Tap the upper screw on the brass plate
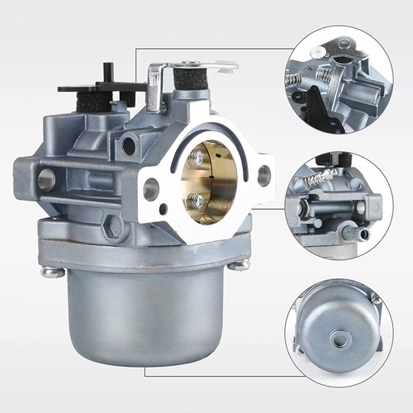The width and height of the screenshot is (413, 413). pos(197,155)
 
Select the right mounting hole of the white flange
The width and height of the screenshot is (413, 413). pos(263,174)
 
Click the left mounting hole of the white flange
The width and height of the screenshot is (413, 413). pos(151,189)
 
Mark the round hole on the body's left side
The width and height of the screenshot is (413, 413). pos(46,179)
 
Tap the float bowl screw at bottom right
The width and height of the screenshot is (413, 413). pos(239,264)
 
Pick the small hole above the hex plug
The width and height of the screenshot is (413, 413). pos(128,148)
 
